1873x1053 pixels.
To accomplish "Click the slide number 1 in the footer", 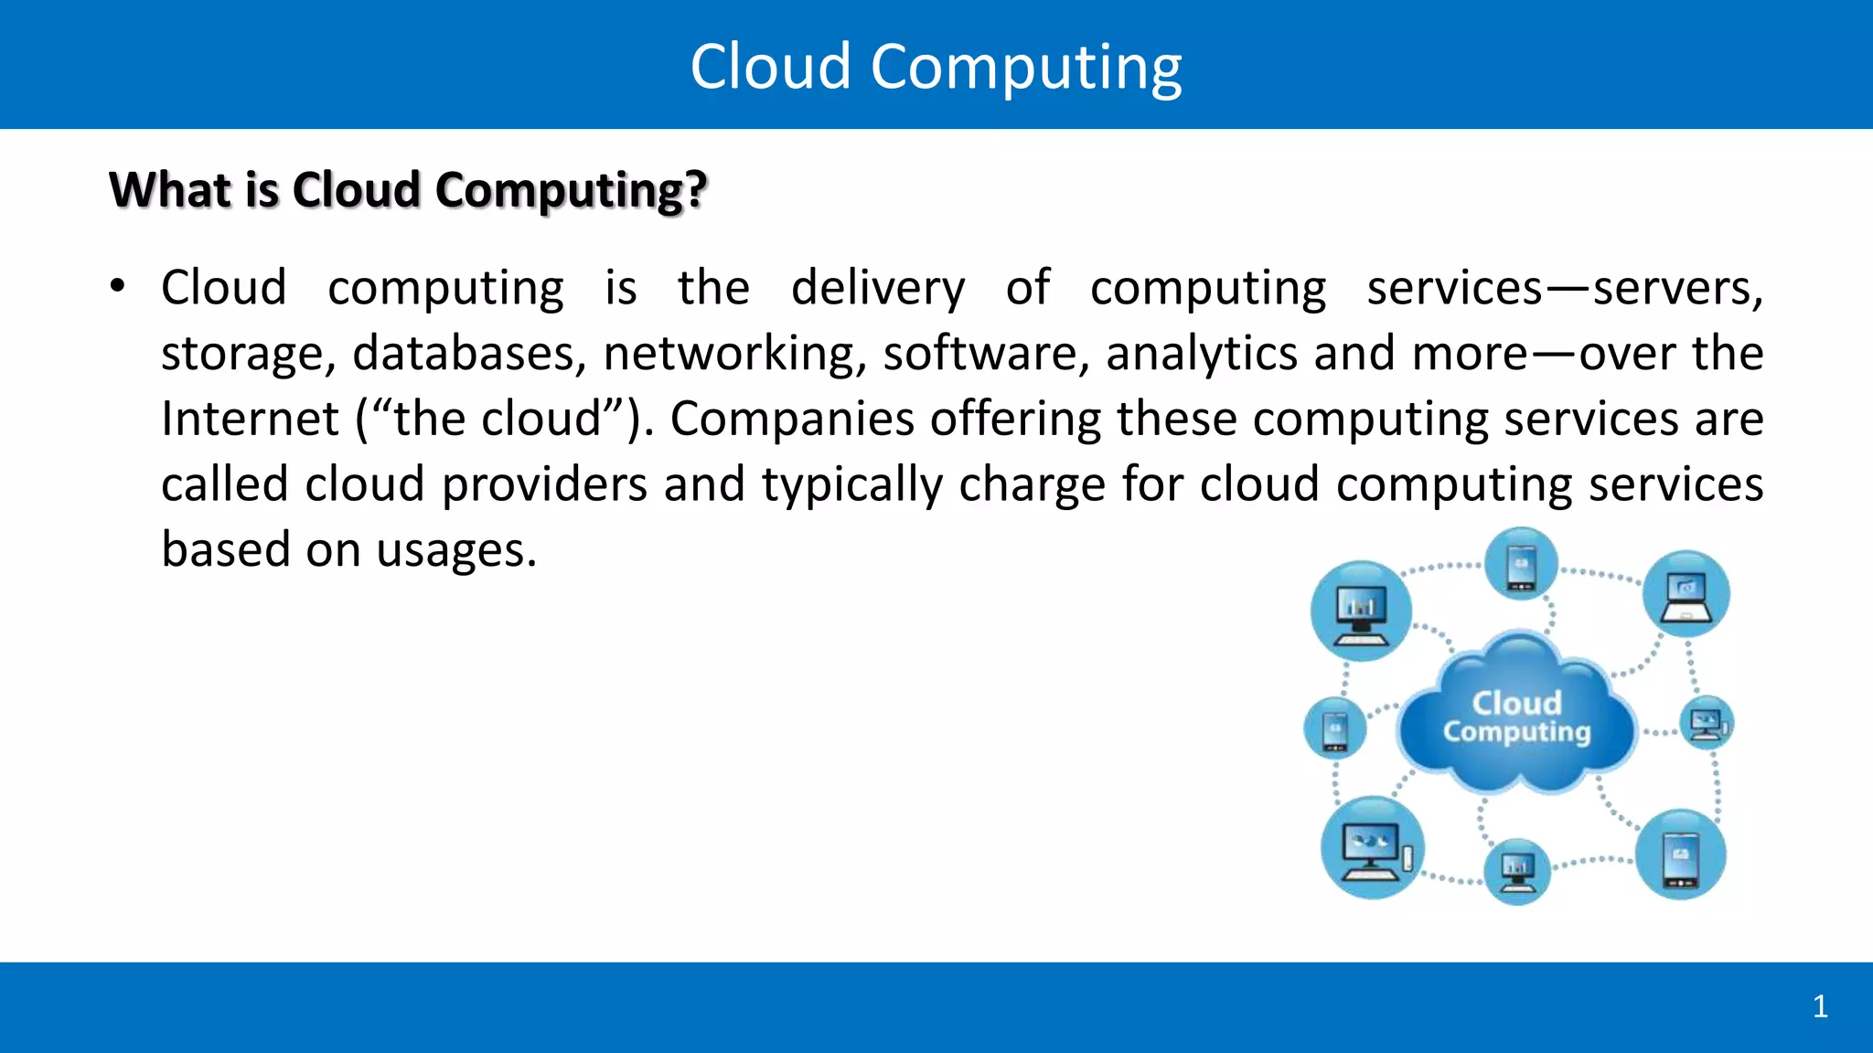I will pyautogui.click(x=1820, y=1006).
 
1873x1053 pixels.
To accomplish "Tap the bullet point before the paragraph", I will pyautogui.click(x=117, y=287).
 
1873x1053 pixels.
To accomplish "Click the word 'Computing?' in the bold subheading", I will pyautogui.click(x=571, y=191).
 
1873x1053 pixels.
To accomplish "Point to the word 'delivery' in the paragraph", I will pyautogui.click(x=878, y=289).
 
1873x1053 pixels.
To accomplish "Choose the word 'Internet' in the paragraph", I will pyautogui.click(x=250, y=420).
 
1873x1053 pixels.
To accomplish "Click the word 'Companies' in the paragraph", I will pyautogui.click(x=792, y=420).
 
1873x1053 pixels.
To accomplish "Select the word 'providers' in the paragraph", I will pyautogui.click(x=544, y=485).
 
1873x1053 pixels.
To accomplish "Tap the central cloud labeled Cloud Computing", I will pyautogui.click(x=1516, y=717).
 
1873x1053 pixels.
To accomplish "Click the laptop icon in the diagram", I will pyautogui.click(x=1686, y=594).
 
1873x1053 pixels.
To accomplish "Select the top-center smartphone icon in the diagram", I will pyautogui.click(x=1521, y=564).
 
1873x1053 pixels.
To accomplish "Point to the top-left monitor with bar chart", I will pyautogui.click(x=1361, y=611).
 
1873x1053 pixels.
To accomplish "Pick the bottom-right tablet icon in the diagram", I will pyautogui.click(x=1680, y=855).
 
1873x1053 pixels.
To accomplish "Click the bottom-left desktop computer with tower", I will pyautogui.click(x=1371, y=848).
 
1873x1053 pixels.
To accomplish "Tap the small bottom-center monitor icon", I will pyautogui.click(x=1517, y=871).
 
